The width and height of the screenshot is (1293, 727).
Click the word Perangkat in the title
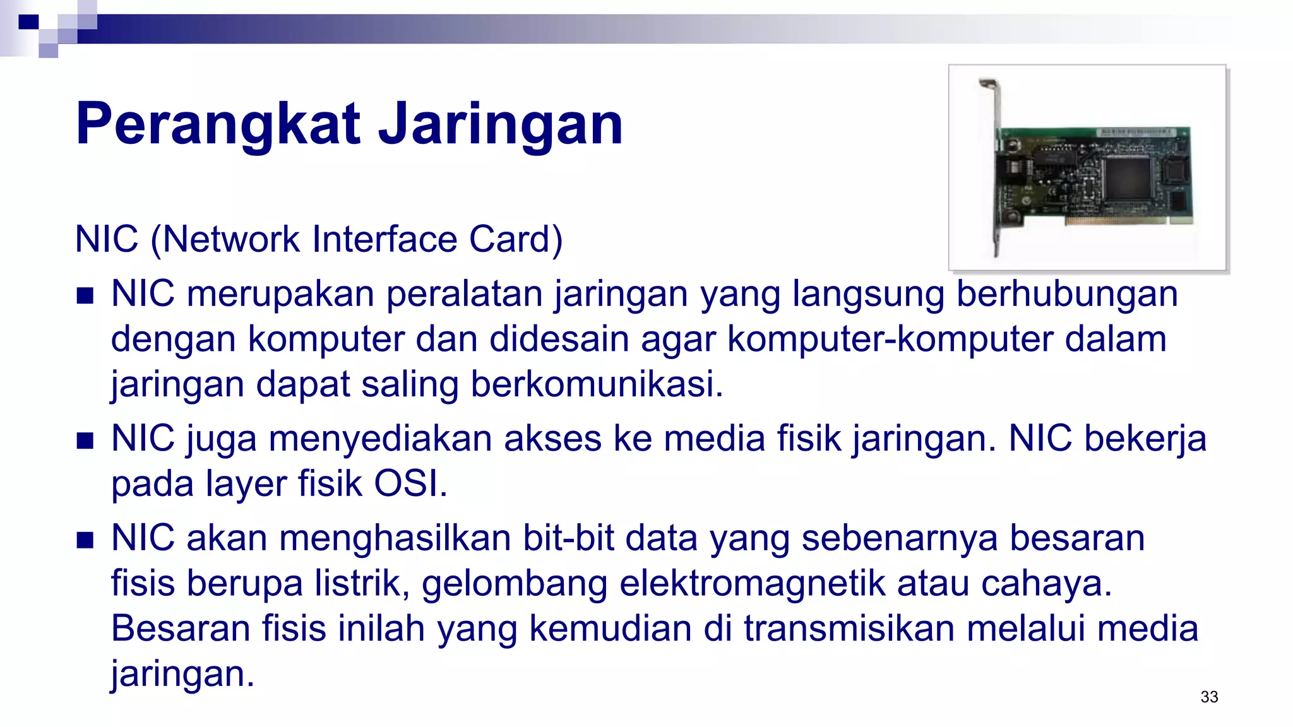(x=218, y=124)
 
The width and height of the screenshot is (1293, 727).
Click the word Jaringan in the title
(x=500, y=124)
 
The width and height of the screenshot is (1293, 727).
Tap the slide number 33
(x=1209, y=697)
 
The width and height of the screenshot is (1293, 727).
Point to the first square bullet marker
(x=85, y=295)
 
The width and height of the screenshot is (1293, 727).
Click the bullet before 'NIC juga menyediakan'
(x=85, y=440)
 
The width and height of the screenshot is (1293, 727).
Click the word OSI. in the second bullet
(x=410, y=484)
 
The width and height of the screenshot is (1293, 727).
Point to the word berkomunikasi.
(x=597, y=384)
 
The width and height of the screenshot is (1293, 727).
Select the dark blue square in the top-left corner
(x=28, y=22)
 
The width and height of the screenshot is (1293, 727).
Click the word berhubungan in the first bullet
(x=1067, y=294)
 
